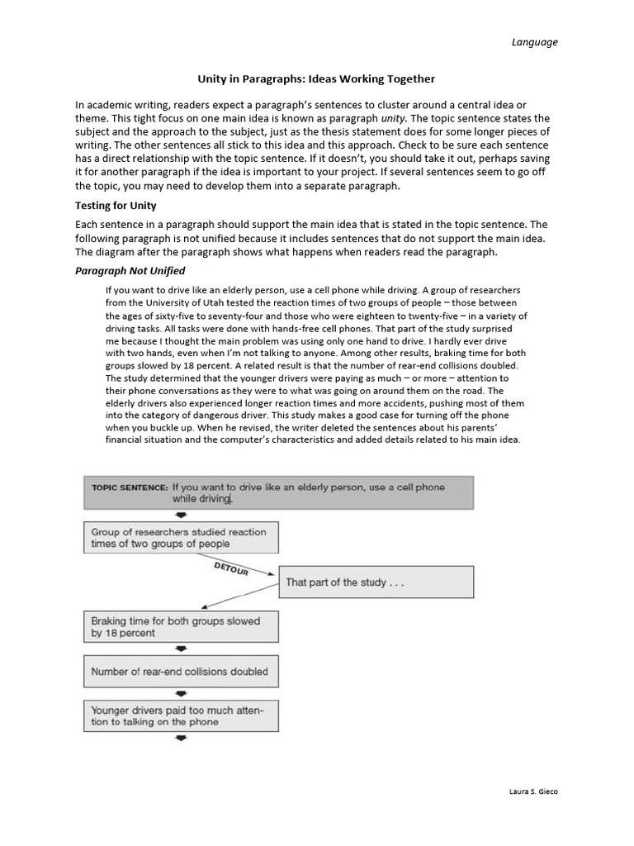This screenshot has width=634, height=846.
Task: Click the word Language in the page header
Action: click(x=535, y=42)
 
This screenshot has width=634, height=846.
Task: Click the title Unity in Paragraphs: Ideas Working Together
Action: click(x=315, y=79)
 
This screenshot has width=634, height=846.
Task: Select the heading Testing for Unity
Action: click(x=116, y=206)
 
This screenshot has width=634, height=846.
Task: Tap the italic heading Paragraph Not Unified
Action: click(x=130, y=270)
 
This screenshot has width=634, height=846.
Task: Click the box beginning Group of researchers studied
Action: click(x=180, y=538)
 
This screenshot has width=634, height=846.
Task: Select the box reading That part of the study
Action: click(x=376, y=582)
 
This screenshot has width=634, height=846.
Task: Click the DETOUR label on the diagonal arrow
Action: click(x=230, y=567)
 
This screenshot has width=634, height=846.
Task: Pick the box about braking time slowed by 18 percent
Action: click(x=180, y=627)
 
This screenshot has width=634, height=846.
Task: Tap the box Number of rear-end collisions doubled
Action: click(x=180, y=672)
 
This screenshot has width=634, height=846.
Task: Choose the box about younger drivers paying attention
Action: click(x=180, y=715)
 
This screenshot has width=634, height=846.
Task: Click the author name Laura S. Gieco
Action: click(x=533, y=791)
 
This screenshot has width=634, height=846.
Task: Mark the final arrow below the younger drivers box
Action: click(x=181, y=738)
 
